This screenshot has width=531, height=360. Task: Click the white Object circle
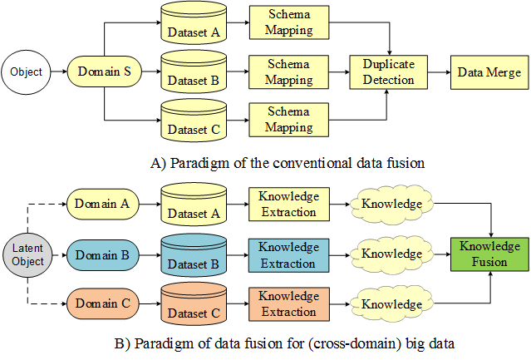point(26,72)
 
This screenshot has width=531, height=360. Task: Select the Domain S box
point(104,72)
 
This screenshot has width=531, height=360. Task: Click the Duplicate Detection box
point(388,72)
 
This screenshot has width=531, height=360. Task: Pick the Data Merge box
point(489,72)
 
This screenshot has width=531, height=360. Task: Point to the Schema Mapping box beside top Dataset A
point(289,23)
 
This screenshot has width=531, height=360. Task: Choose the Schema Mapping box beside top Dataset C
point(289,121)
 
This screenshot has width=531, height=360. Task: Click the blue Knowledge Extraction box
point(288,255)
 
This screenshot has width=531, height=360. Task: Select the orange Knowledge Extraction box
point(288,303)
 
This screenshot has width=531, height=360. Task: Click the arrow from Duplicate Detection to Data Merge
point(438,72)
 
